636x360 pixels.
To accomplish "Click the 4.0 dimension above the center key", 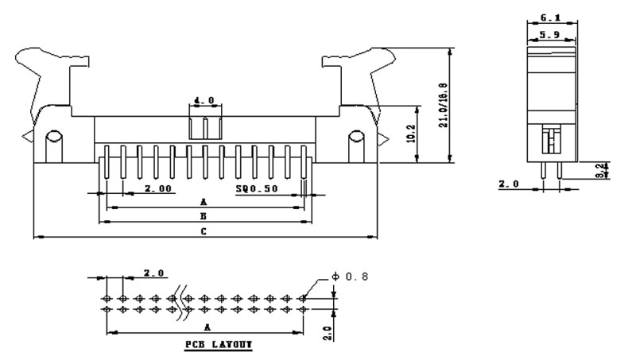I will tap(204, 101).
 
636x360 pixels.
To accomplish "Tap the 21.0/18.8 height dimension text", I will tap(444, 105).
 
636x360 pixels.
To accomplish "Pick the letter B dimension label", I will tap(204, 215).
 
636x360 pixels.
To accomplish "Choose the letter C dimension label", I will tap(204, 231).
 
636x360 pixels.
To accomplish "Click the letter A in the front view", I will tap(204, 202).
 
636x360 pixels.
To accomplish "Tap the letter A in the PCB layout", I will tap(207, 327).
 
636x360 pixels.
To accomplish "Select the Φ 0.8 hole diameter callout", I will tap(350, 277).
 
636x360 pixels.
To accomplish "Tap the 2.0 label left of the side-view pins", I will tap(509, 184).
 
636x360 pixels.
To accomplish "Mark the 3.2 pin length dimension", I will tap(607, 169).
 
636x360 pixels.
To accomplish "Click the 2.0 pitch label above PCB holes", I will tap(153, 273).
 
